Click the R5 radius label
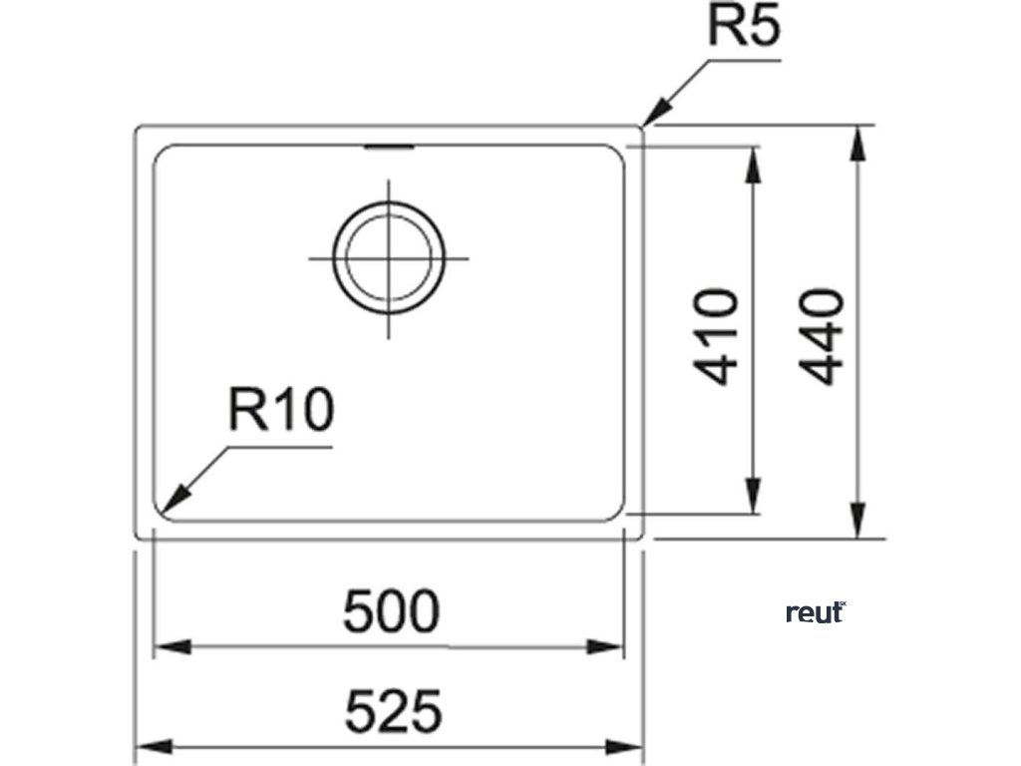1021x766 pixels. [742, 28]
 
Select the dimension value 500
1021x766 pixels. [390, 611]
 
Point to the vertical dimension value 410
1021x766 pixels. [717, 336]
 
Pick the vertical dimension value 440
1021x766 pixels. [823, 336]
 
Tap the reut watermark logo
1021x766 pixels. [815, 612]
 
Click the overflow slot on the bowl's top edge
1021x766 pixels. [388, 149]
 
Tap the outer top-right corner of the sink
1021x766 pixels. [641, 127]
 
